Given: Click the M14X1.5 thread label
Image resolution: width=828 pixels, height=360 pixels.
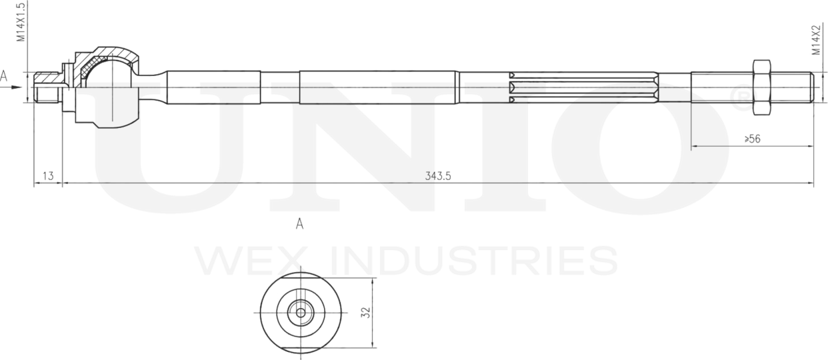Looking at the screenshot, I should [x=21, y=23].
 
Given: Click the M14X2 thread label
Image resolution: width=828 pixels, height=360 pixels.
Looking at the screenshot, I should [x=815, y=41].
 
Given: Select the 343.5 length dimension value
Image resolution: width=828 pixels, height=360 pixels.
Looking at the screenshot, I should [x=438, y=176].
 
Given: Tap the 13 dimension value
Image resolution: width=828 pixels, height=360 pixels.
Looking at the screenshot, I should [x=48, y=176].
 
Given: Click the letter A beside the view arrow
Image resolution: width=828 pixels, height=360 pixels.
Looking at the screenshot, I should [x=5, y=77].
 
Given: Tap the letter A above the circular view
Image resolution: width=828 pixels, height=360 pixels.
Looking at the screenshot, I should [x=300, y=225].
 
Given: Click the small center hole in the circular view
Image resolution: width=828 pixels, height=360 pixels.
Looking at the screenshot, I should [x=301, y=312].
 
